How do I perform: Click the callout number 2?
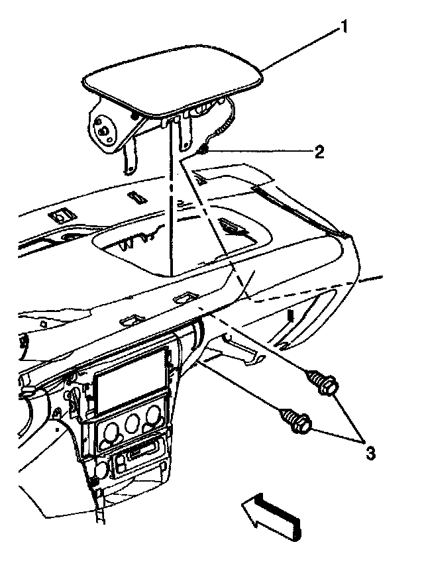point(319,152)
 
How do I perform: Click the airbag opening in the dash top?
point(179,248)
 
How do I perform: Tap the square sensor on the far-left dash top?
point(64,216)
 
